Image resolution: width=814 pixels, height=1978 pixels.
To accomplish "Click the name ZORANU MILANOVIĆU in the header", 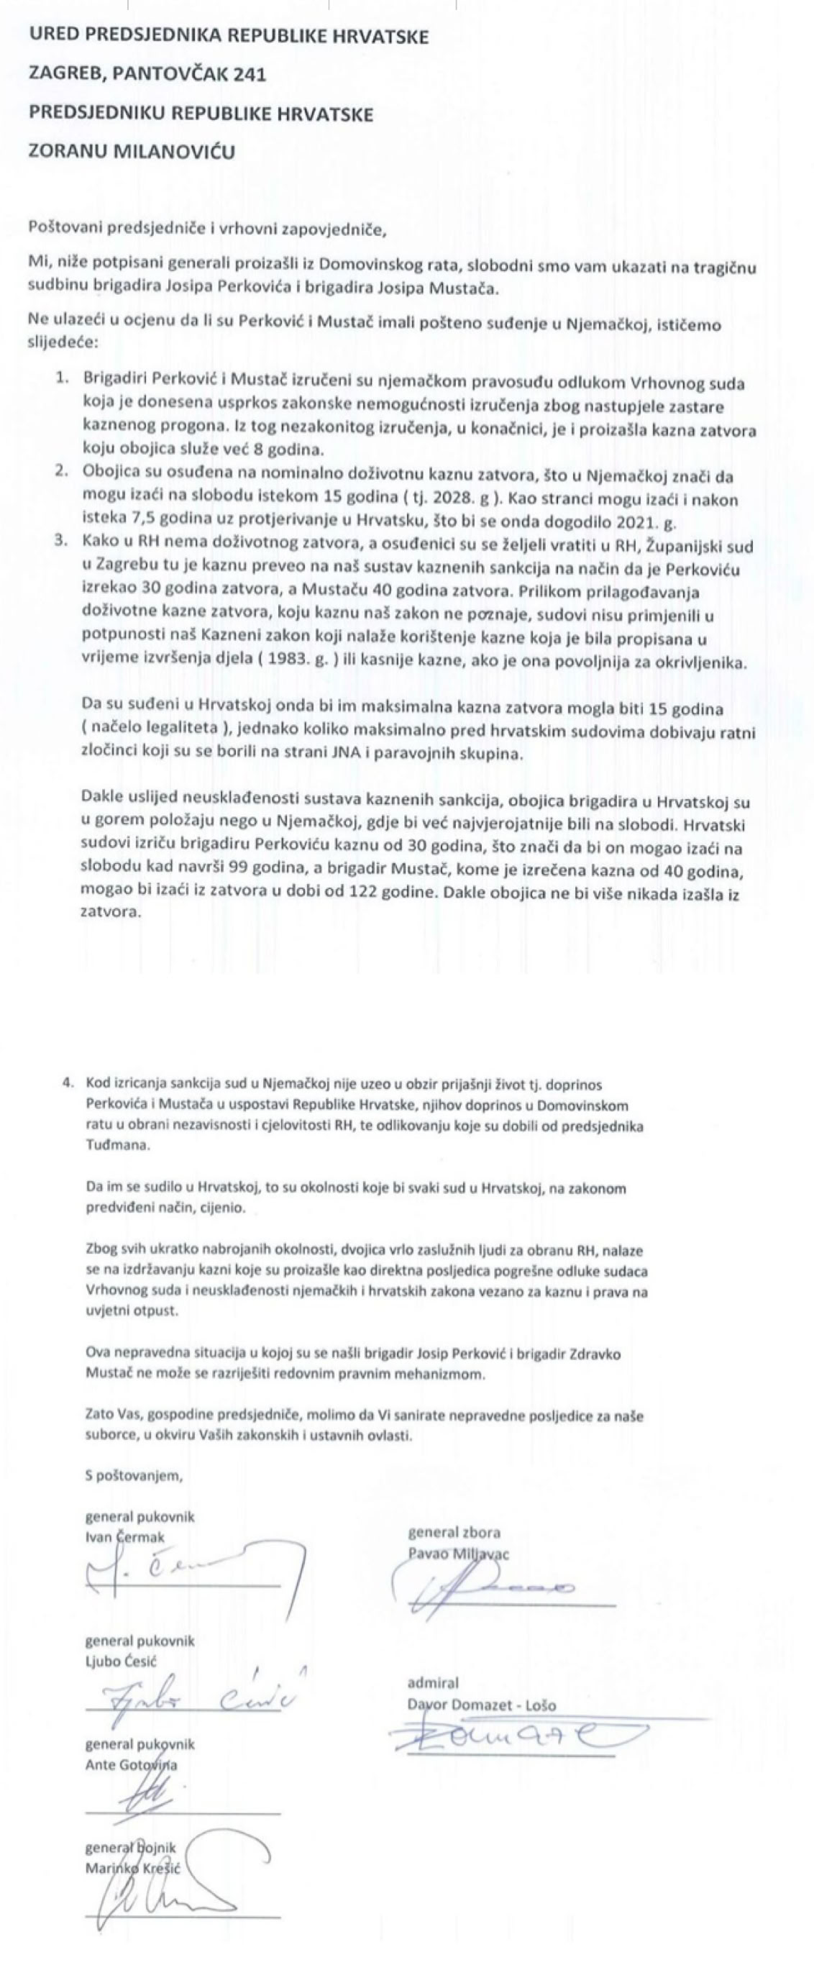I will (132, 151).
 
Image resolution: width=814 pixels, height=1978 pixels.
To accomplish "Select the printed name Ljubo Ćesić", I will (121, 1661).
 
